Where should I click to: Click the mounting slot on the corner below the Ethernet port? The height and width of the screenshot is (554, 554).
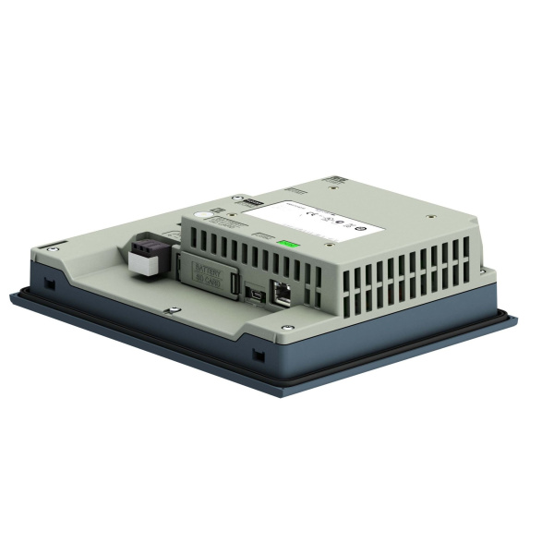click(x=258, y=353)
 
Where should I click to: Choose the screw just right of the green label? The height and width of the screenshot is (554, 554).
click(x=328, y=245)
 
